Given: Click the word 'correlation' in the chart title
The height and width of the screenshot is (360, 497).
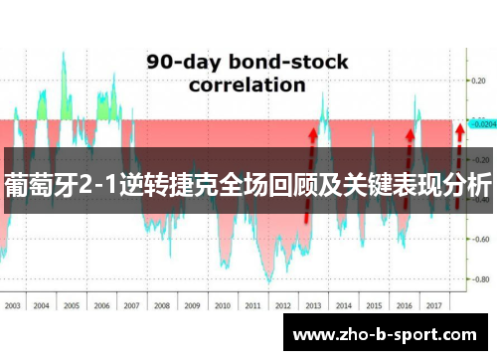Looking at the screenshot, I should tap(248, 86).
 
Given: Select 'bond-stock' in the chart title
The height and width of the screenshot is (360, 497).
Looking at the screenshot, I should tap(288, 62).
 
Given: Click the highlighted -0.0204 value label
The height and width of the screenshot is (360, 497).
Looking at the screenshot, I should tap(483, 125).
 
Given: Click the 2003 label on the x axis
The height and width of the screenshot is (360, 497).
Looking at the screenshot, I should tap(13, 305).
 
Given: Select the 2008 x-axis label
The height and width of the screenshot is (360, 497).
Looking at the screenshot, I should tap(162, 305).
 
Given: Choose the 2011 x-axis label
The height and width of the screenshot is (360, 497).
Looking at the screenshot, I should tap(251, 305).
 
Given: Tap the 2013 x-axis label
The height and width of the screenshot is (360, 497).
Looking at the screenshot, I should tap(311, 305).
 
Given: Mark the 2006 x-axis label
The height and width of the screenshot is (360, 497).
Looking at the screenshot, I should tap(102, 305).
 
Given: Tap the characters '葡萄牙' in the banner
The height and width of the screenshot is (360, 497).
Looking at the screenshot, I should tap(37, 185).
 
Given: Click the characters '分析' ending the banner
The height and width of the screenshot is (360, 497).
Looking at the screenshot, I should tap(471, 185).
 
